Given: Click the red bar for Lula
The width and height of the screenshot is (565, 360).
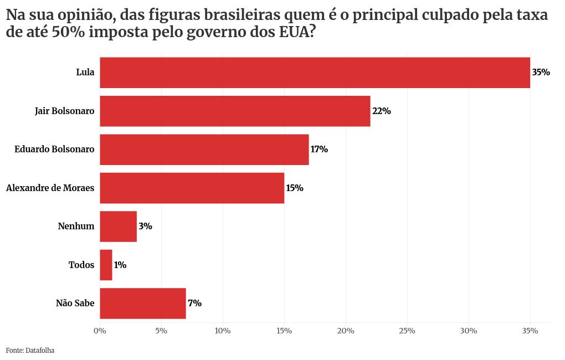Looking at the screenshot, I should (x=315, y=73).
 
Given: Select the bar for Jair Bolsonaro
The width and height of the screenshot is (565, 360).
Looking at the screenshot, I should (x=235, y=111).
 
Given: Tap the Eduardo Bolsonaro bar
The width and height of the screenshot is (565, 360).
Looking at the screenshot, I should (x=204, y=150).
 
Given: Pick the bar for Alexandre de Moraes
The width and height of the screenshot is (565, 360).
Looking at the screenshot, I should (x=192, y=188).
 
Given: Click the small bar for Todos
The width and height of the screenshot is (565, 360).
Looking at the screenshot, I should (x=106, y=265).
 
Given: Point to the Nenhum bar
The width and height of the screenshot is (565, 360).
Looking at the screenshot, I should (x=118, y=227).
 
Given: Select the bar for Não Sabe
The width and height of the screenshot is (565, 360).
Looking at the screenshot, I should (x=142, y=304).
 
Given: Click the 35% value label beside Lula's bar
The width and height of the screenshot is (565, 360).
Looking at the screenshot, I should (x=541, y=73).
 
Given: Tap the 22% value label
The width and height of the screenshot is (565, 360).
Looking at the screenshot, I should (x=382, y=111).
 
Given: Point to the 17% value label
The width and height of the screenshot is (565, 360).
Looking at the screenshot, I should (x=319, y=150).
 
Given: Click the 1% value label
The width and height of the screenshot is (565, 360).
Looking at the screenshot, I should (x=120, y=265).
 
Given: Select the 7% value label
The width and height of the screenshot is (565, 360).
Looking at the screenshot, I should (x=194, y=304).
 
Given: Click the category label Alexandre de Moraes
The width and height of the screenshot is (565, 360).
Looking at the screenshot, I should (x=50, y=188).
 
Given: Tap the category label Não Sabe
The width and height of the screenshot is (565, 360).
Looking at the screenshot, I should (x=75, y=304).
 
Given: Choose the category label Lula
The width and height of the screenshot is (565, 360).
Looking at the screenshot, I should (x=85, y=73).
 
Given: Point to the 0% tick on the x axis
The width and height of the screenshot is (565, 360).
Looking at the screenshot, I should (x=100, y=331).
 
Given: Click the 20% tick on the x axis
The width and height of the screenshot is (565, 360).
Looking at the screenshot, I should (x=346, y=331).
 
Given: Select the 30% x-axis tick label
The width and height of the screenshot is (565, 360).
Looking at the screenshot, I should (x=469, y=331).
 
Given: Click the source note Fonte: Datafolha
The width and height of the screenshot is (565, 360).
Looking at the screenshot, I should (x=30, y=350).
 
